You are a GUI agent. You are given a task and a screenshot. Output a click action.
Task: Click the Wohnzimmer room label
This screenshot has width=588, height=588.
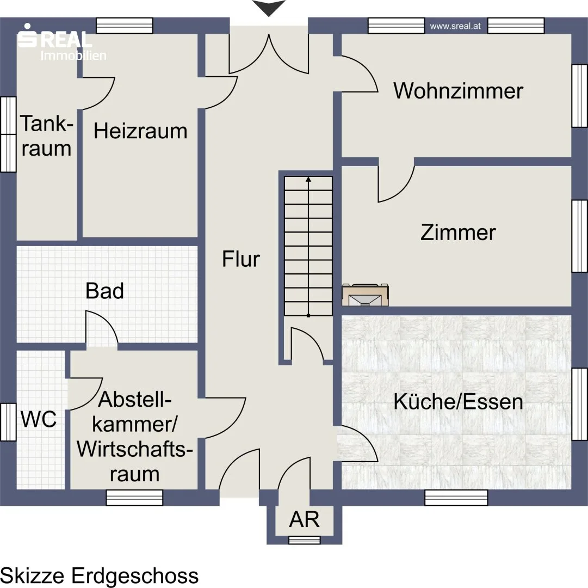(458, 91)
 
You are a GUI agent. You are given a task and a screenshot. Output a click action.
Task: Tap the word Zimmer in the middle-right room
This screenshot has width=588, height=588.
(458, 232)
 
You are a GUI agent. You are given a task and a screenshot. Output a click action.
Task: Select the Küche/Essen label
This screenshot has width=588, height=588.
(458, 401)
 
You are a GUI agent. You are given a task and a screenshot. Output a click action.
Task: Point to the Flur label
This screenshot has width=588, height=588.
(241, 259)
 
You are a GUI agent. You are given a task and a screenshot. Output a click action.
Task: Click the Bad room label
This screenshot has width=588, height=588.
(104, 291)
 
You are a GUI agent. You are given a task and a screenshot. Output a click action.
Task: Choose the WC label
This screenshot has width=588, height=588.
(39, 419)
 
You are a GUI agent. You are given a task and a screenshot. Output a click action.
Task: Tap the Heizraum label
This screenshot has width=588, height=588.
(140, 131)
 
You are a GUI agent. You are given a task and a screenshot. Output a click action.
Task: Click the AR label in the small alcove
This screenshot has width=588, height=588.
(304, 519)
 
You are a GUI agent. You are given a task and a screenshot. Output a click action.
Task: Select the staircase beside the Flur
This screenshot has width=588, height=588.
(308, 246)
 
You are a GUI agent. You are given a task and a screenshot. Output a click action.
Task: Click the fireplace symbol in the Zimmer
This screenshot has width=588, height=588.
(365, 295)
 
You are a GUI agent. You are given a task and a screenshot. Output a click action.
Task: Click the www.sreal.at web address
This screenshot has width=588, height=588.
(455, 26)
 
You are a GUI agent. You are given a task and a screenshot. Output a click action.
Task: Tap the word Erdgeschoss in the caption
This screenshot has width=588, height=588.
(135, 575)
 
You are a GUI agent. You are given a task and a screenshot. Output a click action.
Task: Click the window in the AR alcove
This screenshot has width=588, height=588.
(305, 540)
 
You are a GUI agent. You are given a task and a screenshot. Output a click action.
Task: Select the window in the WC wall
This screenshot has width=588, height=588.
(8, 422)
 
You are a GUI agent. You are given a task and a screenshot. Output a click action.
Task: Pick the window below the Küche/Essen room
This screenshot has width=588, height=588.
(456, 498)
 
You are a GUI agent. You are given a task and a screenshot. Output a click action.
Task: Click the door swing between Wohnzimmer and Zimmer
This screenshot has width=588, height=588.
(397, 184)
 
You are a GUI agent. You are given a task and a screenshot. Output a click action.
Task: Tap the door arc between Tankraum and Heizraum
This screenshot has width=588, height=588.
(98, 94)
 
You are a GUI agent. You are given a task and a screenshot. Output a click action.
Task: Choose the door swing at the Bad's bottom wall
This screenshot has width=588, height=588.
(102, 327)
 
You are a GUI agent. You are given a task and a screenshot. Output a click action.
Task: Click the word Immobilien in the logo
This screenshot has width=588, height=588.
(73, 56)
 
